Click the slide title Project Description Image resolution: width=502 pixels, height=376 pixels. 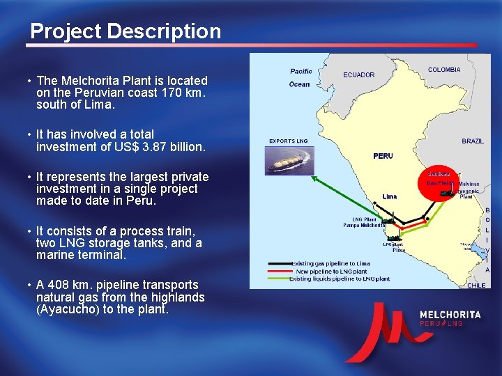[125, 31]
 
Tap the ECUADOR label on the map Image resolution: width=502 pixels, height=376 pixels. [358, 75]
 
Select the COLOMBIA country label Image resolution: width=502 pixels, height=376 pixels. [443, 70]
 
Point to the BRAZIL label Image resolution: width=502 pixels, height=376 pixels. [472, 141]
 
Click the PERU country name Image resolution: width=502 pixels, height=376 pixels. [383, 156]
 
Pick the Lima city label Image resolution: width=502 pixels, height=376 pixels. [389, 196]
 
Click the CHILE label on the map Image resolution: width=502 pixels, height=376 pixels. [476, 285]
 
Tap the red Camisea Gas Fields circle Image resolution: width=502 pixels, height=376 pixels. [439, 178]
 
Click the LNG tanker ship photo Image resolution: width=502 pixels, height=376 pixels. [289, 162]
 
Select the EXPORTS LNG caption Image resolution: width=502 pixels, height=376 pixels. [289, 141]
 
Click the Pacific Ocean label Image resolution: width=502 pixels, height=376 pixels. [301, 77]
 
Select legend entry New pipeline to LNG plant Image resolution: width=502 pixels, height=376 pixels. [332, 272]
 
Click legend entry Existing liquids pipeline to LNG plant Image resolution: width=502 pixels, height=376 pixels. [340, 279]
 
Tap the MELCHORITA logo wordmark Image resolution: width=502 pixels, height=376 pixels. [450, 315]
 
